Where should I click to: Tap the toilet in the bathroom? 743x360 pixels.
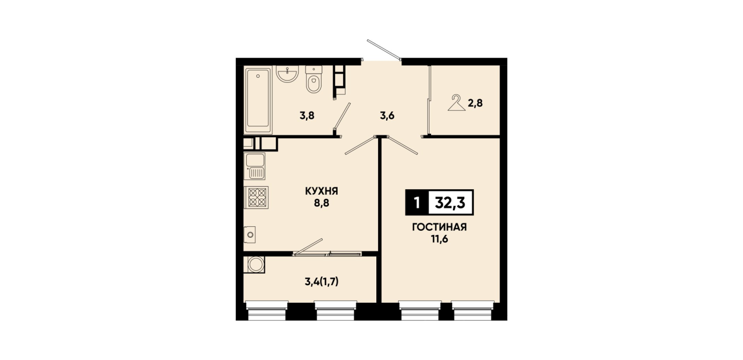point(314,79)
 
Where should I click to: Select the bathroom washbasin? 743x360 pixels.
point(287,73)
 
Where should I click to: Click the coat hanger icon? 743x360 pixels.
point(456,103)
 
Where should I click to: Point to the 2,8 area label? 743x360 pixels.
point(475,103)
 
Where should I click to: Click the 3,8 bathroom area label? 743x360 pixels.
point(307,116)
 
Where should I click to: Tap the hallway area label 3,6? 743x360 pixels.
point(387,116)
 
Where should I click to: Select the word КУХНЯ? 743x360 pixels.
point(322,191)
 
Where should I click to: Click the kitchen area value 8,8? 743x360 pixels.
point(322,203)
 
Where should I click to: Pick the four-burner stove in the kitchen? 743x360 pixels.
point(256,197)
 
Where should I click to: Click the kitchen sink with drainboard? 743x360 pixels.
point(255,166)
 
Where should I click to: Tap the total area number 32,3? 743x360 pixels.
point(450,202)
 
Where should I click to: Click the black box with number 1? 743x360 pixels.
point(417,202)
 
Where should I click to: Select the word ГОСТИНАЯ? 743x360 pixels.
point(440,227)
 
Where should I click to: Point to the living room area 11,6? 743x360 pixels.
point(440,239)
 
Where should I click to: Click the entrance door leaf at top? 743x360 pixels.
point(384,50)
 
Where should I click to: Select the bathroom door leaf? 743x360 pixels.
point(342,116)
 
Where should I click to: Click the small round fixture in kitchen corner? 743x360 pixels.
point(250,235)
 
